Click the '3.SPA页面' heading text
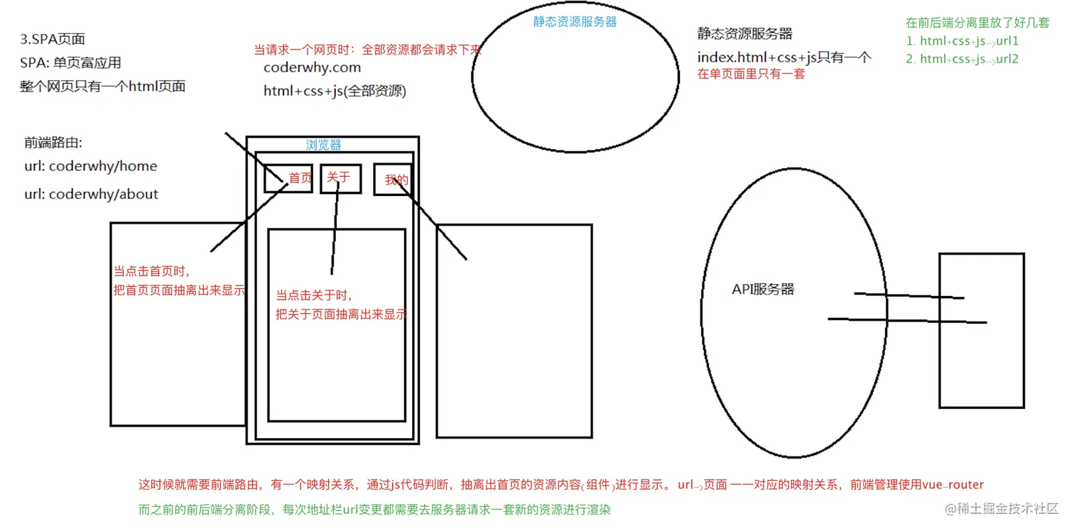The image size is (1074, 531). tap(53, 39)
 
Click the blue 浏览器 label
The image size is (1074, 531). tap(324, 145)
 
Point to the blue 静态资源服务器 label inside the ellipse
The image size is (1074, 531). tap(575, 21)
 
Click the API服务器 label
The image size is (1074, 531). tap(763, 289)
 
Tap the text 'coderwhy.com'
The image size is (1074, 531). tap(312, 67)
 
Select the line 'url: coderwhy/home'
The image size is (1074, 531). tap(91, 166)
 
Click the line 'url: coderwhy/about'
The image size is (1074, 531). tap(91, 194)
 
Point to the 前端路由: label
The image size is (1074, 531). tap(53, 143)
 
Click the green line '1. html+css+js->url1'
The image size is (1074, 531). tap(962, 41)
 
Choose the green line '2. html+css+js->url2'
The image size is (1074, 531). tap(962, 59)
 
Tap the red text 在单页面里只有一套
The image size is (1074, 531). tap(751, 74)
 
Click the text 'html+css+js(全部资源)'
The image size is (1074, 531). tap(335, 91)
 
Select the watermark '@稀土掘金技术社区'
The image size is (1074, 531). tap(1001, 508)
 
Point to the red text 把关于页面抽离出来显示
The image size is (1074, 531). tap(342, 314)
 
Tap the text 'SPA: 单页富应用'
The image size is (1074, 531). tap(70, 62)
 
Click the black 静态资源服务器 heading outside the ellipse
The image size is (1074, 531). tap(744, 33)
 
